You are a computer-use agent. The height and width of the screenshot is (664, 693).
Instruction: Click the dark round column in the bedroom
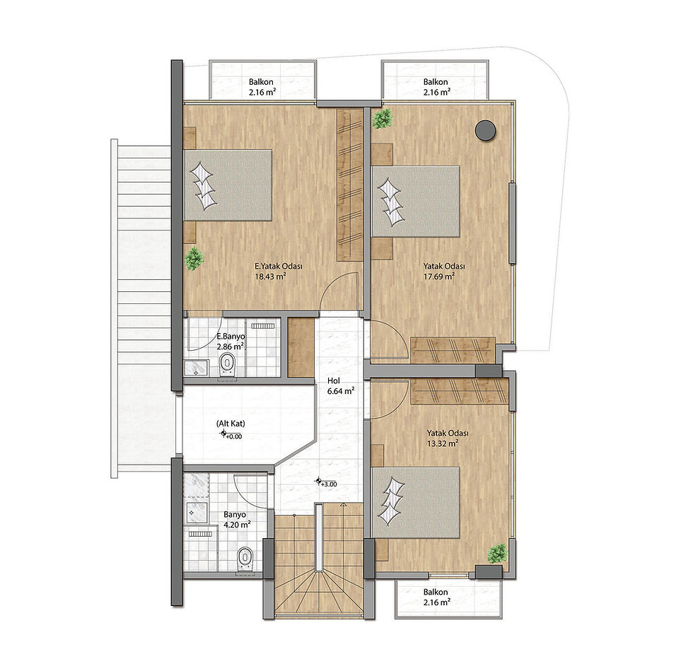pos(485,130)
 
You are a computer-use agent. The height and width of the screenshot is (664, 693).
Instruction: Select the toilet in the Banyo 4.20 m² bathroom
pos(245,559)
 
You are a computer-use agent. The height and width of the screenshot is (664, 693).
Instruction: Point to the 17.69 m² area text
pos(439,276)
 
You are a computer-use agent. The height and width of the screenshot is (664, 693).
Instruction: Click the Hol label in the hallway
pos(334,381)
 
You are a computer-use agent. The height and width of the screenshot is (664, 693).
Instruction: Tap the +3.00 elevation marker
pos(326,483)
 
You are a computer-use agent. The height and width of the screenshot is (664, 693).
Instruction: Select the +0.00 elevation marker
pos(231,436)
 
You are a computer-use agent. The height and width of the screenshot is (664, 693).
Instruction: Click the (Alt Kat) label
pos(231,424)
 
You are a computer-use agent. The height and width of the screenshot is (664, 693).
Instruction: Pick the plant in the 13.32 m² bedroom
pos(498,554)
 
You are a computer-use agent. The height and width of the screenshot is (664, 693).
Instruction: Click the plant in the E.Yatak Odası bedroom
pos(194,259)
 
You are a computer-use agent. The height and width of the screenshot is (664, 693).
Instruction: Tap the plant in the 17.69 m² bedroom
pos(383,119)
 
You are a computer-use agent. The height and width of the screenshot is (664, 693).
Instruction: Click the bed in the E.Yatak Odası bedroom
pos(228,185)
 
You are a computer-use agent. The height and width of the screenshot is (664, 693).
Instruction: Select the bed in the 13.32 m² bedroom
pos(416,503)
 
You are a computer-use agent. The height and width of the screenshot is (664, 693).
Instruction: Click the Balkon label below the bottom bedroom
pos(436,592)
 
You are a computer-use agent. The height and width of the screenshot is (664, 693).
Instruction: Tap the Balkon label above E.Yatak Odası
pos(261,82)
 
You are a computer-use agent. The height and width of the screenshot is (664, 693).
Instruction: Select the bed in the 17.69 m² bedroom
pos(416,201)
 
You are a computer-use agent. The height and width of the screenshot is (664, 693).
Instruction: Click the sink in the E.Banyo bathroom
pos(196,368)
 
